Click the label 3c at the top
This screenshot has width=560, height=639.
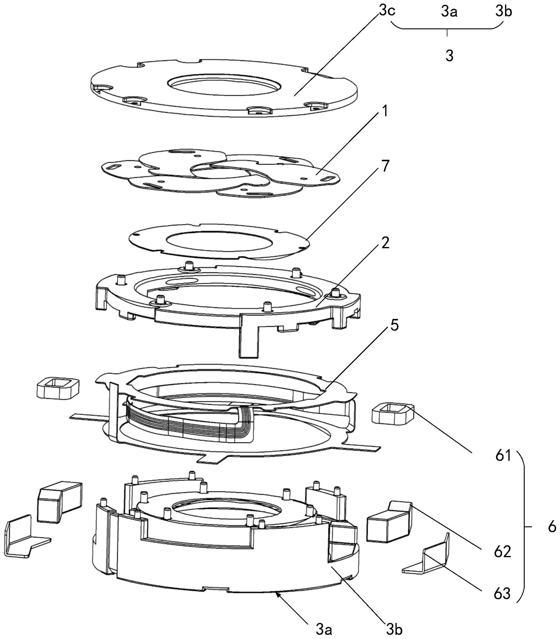click(x=387, y=11)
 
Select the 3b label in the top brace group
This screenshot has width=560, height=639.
click(x=504, y=12)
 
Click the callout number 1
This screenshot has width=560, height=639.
click(x=385, y=112)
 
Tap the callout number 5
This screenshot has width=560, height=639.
click(x=394, y=326)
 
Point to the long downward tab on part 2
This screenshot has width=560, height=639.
click(x=249, y=339)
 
